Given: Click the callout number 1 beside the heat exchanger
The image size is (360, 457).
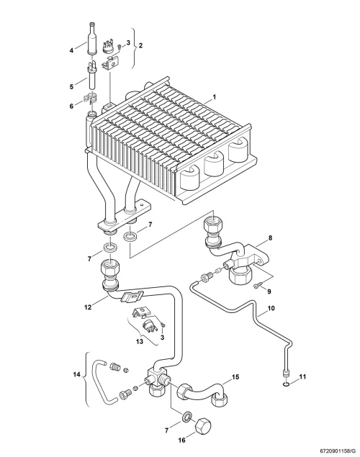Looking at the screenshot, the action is pyautogui.click(x=215, y=96).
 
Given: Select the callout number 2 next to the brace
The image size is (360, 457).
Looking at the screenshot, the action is pyautogui.click(x=140, y=45).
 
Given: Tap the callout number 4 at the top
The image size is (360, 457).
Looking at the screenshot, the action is pyautogui.click(x=71, y=50).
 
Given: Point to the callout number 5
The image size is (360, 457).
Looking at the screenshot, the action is pyautogui.click(x=72, y=86).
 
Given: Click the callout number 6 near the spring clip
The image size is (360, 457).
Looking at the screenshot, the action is pyautogui.click(x=72, y=107).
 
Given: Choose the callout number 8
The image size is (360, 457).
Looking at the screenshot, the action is pyautogui.click(x=270, y=237).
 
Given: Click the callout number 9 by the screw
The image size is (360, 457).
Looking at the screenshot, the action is pyautogui.click(x=269, y=291).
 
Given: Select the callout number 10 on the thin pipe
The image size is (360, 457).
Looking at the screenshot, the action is pyautogui.click(x=271, y=308).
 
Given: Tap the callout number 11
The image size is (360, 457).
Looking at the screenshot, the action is pyautogui.click(x=302, y=377).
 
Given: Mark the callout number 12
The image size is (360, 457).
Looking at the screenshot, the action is pyautogui.click(x=88, y=307).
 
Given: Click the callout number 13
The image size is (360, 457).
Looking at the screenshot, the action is pyautogui.click(x=140, y=341).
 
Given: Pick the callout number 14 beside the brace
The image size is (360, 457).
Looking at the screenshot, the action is pyautogui.click(x=76, y=374).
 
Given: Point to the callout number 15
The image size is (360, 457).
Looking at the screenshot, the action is pyautogui.click(x=235, y=377).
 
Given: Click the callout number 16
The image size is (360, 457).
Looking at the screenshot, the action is pyautogui.click(x=181, y=440).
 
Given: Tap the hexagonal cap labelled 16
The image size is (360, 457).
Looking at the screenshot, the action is pyautogui.click(x=204, y=427).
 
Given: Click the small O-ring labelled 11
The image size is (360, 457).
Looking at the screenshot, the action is pyautogui.click(x=287, y=385).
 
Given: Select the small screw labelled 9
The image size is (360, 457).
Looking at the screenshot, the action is pyautogui.click(x=257, y=286).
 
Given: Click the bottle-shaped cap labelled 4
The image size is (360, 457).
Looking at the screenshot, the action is pyautogui.click(x=93, y=38).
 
